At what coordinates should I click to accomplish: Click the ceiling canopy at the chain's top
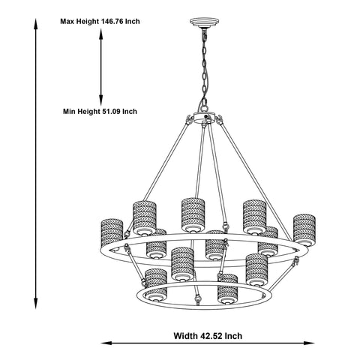pyautogui.click(x=204, y=22)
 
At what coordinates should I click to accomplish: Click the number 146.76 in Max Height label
pyautogui.click(x=112, y=21)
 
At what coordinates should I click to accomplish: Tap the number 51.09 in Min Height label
pyautogui.click(x=110, y=111)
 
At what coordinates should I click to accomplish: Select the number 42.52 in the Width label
pyautogui.click(x=211, y=335)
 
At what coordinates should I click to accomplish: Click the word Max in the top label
pyautogui.click(x=67, y=21)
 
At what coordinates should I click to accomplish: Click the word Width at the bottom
pyautogui.click(x=185, y=335)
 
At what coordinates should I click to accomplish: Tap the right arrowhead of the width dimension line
pyautogui.click(x=309, y=343)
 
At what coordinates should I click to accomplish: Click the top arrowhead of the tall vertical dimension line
pyautogui.click(x=36, y=24)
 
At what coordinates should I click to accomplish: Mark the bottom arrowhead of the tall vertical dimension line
pyautogui.click(x=36, y=304)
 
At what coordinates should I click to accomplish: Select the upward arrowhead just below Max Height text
pyautogui.click(x=101, y=34)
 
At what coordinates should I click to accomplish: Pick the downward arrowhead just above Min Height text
pyautogui.click(x=101, y=100)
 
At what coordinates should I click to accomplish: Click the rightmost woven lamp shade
pyautogui.click(x=304, y=230)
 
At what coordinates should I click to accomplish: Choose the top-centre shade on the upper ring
pyautogui.click(x=193, y=215)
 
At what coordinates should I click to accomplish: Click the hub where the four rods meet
pyautogui.click(x=204, y=117)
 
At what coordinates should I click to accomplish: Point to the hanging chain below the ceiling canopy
pyautogui.click(x=205, y=67)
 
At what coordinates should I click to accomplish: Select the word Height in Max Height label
pyautogui.click(x=88, y=21)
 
